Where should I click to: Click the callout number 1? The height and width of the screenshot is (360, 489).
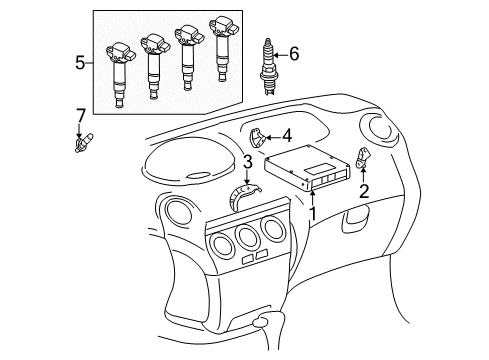pyautogui.click(x=314, y=212)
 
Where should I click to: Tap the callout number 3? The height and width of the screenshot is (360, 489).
pyautogui.click(x=245, y=162)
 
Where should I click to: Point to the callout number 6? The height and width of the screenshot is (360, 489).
pyautogui.click(x=293, y=54)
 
